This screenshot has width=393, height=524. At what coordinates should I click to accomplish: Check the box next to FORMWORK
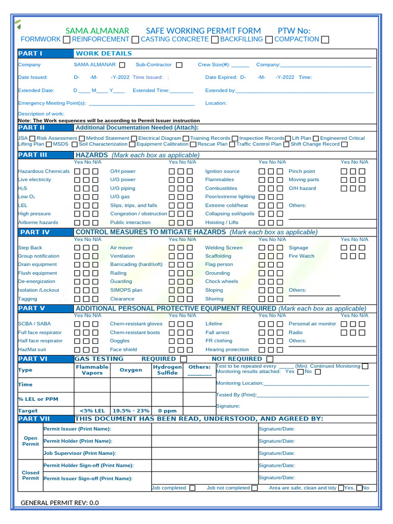(67, 39)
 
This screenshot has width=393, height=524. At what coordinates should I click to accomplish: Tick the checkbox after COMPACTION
(325, 39)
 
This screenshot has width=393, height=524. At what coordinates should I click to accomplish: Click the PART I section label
(30, 53)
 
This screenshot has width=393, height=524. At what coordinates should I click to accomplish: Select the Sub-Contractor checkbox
(179, 65)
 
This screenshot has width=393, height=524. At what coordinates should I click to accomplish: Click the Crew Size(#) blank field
(240, 65)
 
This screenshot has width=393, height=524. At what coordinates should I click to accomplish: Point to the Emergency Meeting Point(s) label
(52, 103)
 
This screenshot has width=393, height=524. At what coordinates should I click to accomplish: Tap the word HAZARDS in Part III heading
(92, 155)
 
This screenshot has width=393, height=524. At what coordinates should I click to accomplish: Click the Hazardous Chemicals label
(43, 171)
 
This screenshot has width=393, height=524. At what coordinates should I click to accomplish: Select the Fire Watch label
(301, 256)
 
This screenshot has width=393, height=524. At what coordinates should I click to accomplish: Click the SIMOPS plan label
(126, 290)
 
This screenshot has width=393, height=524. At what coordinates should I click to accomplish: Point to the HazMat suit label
(32, 350)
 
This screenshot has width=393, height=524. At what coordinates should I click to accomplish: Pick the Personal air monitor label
(312, 324)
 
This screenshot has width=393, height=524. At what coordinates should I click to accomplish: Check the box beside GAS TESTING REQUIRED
(183, 359)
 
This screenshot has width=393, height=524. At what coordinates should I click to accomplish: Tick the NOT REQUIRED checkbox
(270, 359)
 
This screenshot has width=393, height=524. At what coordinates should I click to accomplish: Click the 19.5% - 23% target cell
(130, 410)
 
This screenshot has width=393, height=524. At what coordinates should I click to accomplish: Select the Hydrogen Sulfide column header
(167, 370)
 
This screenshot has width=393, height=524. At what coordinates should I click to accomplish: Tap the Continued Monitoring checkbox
(365, 366)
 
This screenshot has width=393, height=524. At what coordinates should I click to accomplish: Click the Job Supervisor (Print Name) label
(80, 453)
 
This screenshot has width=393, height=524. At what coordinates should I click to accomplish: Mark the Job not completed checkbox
(254, 488)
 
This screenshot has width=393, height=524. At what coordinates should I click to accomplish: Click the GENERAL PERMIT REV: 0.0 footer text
(59, 503)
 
